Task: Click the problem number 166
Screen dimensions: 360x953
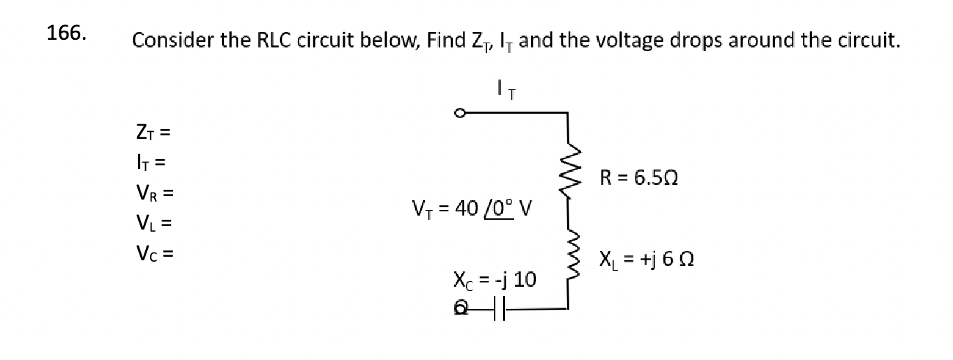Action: pyautogui.click(x=66, y=33)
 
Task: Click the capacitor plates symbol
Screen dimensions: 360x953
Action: pyautogui.click(x=497, y=308)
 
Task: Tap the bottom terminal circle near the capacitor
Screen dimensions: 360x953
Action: pyautogui.click(x=460, y=307)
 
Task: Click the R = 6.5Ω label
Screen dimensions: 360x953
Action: pyautogui.click(x=638, y=178)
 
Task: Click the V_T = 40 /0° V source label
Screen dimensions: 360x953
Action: pyautogui.click(x=472, y=209)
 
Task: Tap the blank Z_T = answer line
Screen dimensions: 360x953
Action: pyautogui.click(x=152, y=130)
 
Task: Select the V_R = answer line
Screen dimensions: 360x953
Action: pyautogui.click(x=153, y=193)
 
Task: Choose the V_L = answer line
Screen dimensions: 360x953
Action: pyautogui.click(x=152, y=223)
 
